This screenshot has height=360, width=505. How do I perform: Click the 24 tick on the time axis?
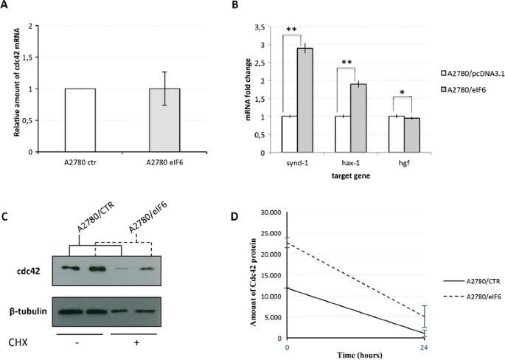tap(419, 347)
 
